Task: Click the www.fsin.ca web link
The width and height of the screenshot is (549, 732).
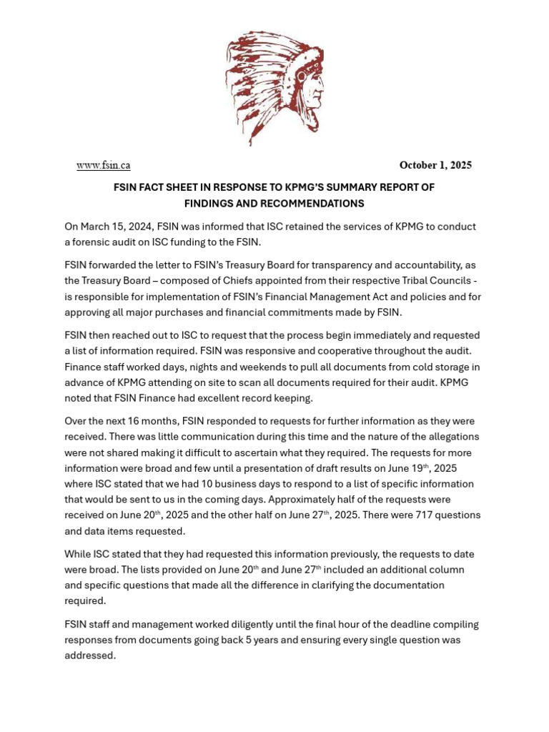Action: (104, 165)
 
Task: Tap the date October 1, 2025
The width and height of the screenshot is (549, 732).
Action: (435, 165)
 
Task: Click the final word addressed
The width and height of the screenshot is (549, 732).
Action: (89, 656)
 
